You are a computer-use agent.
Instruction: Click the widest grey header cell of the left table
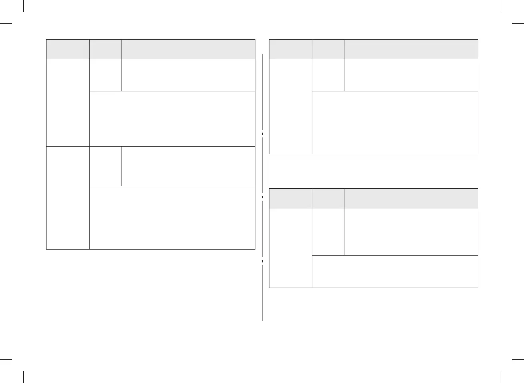point(188,49)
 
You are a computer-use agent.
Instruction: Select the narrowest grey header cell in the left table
point(105,49)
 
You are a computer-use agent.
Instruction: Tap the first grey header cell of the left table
point(68,49)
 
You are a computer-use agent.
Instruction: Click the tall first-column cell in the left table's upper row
point(68,103)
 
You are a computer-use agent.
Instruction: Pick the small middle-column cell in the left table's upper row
point(105,75)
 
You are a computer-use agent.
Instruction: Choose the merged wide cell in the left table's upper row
point(172,119)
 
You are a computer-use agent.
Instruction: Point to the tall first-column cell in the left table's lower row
point(68,198)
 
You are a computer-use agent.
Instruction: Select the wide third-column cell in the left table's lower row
point(188,166)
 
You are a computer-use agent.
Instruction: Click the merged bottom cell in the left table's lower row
point(172,218)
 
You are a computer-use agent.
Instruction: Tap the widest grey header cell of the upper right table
point(411,49)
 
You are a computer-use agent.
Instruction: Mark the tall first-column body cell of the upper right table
point(290,107)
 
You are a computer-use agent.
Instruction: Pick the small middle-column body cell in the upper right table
point(328,75)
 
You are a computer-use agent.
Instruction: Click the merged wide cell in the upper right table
point(395,123)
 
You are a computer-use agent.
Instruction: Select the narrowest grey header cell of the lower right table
point(328,198)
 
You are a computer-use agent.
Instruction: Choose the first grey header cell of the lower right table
point(290,198)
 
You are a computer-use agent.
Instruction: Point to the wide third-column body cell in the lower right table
point(411,232)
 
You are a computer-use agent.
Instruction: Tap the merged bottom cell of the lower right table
point(395,272)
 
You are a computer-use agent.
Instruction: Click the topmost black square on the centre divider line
point(262,134)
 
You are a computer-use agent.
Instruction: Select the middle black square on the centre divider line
point(262,197)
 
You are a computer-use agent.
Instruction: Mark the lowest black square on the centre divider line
point(262,261)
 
